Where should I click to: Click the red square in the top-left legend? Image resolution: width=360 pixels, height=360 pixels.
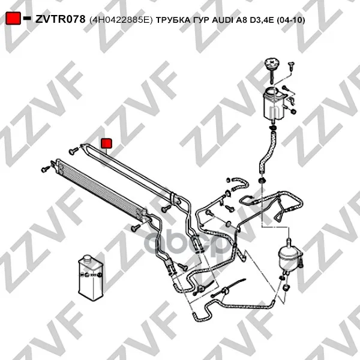click(x=13, y=19)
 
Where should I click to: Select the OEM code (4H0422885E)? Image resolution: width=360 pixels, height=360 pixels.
click(x=121, y=20)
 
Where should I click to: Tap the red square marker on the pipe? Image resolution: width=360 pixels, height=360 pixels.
click(x=107, y=143)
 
